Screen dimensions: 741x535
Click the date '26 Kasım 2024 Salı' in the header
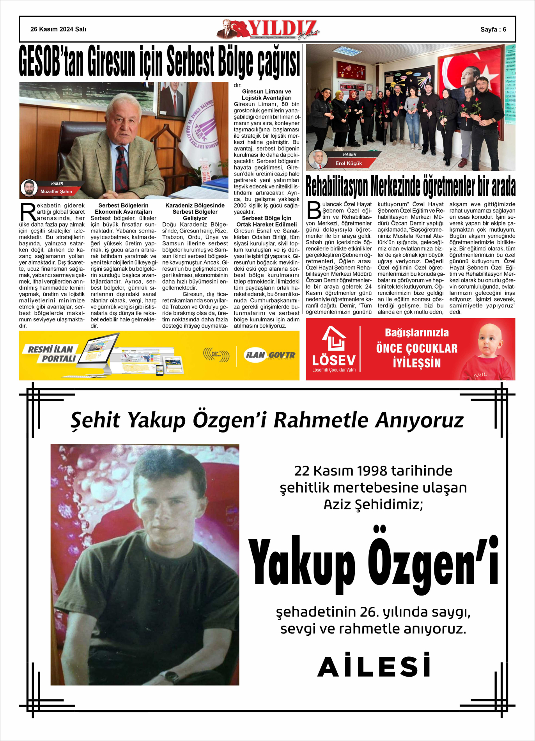tap(58, 29)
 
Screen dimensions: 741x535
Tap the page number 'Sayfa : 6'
tap(493, 30)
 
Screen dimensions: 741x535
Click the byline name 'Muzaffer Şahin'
tap(56, 191)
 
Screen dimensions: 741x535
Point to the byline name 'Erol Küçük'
tap(349, 163)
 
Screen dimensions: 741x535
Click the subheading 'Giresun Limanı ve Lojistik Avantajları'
tap(266, 95)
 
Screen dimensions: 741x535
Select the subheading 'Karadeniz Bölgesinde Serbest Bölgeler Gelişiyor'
tap(195, 212)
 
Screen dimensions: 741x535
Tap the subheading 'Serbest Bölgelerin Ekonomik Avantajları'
tap(123, 209)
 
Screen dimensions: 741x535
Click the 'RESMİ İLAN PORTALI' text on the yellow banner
tap(51, 354)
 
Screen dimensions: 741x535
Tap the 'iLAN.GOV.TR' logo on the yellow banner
tap(269, 355)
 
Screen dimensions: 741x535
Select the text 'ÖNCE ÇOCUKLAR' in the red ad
tap(416, 348)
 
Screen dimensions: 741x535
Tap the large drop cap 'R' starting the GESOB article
tap(28, 212)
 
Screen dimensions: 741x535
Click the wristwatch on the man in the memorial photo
tap(170, 675)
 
